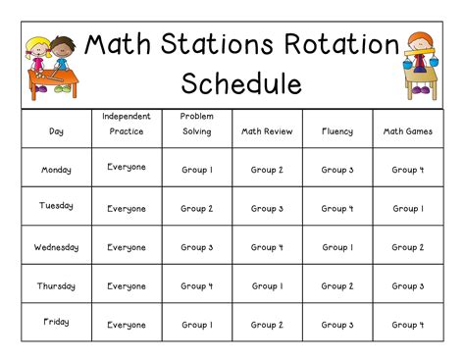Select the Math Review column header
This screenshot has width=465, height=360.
tap(266, 130)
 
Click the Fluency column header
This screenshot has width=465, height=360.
tap(336, 130)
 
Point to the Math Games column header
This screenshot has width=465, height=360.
tap(406, 130)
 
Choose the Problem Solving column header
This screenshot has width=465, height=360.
tap(196, 124)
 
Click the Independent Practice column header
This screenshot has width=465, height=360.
tap(127, 124)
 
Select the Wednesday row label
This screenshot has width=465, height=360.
tap(56, 247)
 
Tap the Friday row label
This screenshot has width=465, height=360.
tap(56, 322)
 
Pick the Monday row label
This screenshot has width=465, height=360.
tap(56, 170)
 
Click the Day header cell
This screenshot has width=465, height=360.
tap(56, 130)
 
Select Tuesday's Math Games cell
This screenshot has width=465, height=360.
tap(406, 208)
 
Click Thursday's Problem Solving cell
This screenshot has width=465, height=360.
tap(196, 286)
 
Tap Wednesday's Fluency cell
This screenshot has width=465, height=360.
tap(336, 247)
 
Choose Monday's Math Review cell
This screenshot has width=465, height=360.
tap(266, 170)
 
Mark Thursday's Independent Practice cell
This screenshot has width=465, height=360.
tap(127, 286)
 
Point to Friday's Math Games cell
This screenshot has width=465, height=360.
tap(406, 325)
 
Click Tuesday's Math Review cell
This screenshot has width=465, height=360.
tap(266, 208)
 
